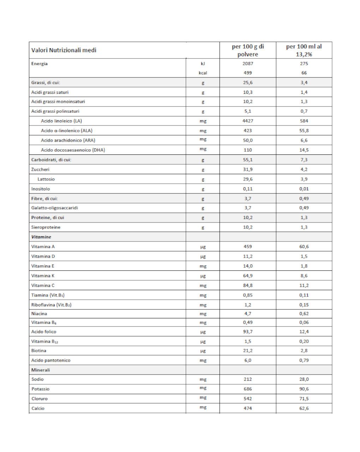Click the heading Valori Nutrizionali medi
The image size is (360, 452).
click(64, 50)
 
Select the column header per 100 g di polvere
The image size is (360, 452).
click(248, 50)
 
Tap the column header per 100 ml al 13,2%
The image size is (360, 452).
click(304, 50)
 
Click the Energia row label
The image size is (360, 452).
click(40, 64)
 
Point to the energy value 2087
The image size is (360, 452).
click(248, 64)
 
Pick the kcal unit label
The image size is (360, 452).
click(203, 73)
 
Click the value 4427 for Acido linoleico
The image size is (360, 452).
click(248, 121)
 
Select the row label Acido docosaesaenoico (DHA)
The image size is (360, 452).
click(73, 150)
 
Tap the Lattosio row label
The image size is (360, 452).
click(46, 179)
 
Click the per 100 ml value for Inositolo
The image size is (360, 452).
click(304, 189)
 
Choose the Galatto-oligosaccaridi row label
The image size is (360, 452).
click(55, 208)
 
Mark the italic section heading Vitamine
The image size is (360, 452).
click(41, 237)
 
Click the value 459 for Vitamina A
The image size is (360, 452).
click(248, 247)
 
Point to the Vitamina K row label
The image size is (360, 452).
click(43, 276)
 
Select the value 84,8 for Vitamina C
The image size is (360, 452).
click(248, 286)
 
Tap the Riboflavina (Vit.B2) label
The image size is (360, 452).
click(52, 305)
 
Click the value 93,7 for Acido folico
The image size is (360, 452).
click(248, 332)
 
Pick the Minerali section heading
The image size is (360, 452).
click(41, 370)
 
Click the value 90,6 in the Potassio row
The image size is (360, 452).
click(304, 389)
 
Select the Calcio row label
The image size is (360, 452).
click(38, 408)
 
